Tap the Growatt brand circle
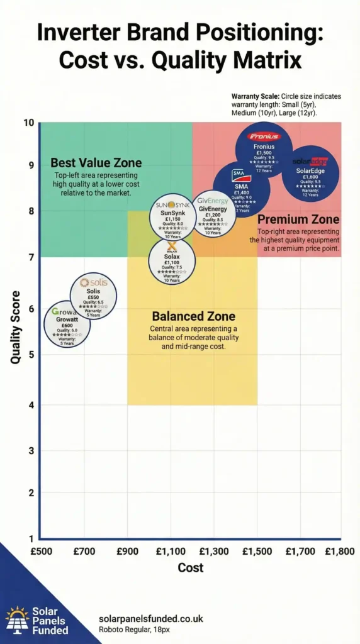[67, 325]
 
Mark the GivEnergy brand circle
[213, 214]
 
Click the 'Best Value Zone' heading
[96, 163]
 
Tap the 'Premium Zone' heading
[298, 219]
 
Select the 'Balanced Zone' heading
[193, 316]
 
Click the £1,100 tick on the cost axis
[171, 552]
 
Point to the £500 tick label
[41, 552]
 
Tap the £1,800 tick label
[340, 552]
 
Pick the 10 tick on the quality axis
[29, 122]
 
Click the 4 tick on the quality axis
[31, 404]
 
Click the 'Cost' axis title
[190, 568]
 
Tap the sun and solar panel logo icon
[17, 619]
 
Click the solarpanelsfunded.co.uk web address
[151, 619]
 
